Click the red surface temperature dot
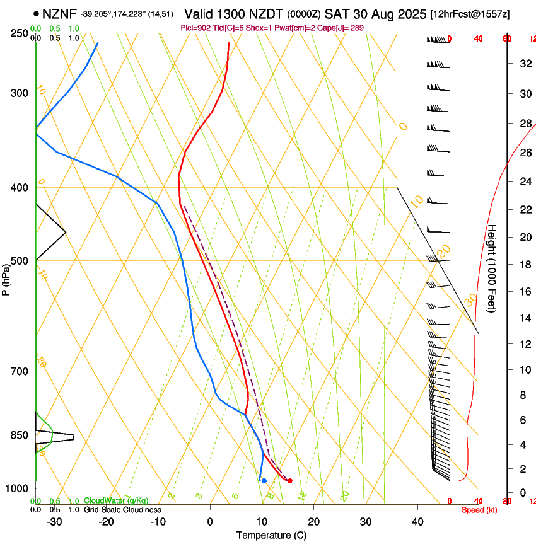(290, 481)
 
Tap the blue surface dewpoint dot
(264, 481)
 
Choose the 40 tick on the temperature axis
(417, 521)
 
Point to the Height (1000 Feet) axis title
(492, 268)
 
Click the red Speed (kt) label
(479, 510)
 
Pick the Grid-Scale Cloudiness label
(122, 509)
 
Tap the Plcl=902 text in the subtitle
(195, 28)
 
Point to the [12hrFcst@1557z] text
(470, 14)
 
